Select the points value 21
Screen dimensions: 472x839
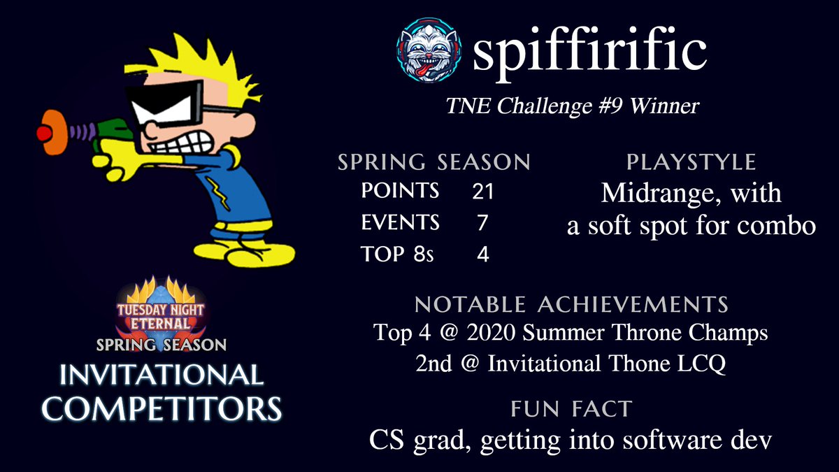[x=482, y=191]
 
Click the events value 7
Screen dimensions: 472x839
[x=482, y=223]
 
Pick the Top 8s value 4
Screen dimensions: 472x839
[x=482, y=255]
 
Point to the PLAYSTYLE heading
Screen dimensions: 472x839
[x=691, y=162]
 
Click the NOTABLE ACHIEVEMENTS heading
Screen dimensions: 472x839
[x=571, y=305]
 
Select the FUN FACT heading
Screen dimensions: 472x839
[x=571, y=409]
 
